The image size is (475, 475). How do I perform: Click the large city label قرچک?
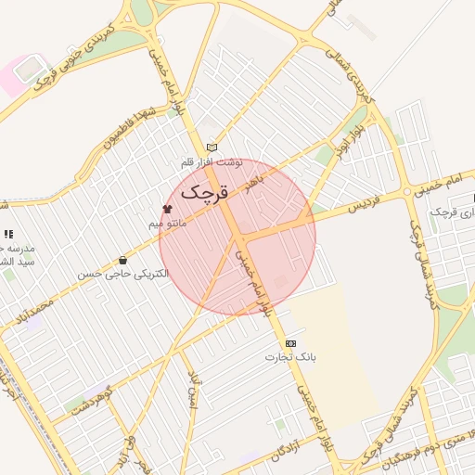(x=203, y=192)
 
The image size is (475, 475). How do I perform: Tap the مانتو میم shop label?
(x=169, y=224)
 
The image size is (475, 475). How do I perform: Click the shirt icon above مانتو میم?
(x=168, y=210)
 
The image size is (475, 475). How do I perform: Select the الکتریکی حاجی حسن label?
(x=123, y=275)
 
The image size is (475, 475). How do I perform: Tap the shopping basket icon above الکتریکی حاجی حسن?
(x=123, y=261)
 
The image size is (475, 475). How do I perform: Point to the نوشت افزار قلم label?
(x=212, y=161)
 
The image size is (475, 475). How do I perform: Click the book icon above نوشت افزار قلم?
(x=212, y=148)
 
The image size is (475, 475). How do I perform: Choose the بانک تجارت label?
(x=291, y=356)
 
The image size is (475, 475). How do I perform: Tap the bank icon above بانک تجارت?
(x=291, y=342)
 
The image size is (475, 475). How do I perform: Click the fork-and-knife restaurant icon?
(x=8, y=235)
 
